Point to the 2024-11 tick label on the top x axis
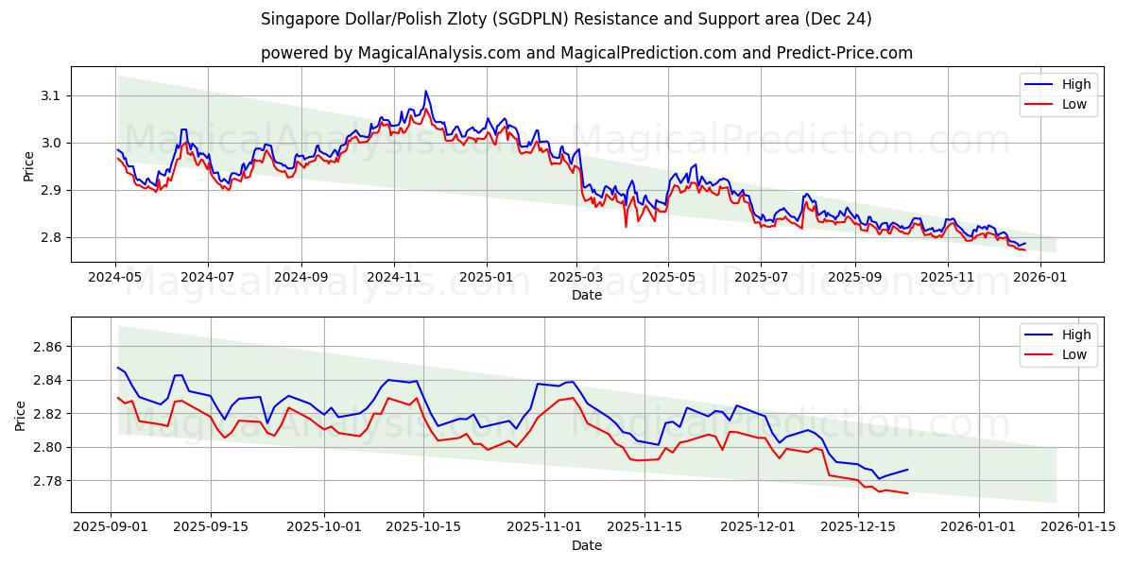coord(393,278)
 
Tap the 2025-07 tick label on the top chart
coord(762,278)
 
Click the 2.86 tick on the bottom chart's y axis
coord(46,348)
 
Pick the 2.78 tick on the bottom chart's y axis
coord(46,481)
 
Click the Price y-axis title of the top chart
coord(28,166)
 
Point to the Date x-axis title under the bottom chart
coord(587,545)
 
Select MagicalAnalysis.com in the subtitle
coord(438,53)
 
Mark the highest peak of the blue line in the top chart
coord(425,91)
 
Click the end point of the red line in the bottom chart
coord(907,493)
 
